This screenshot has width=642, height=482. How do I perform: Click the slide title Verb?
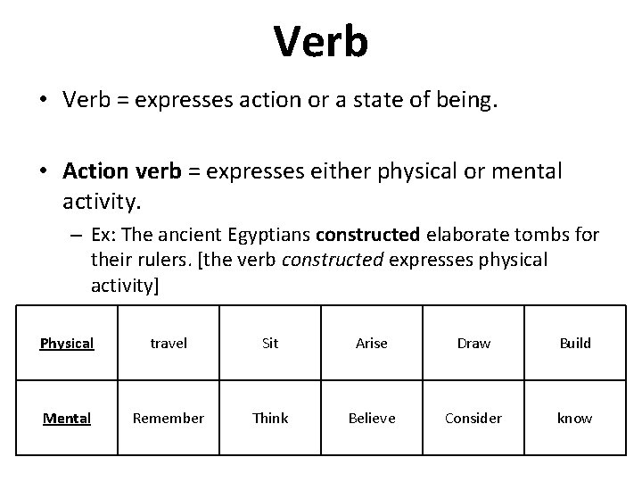coord(320,41)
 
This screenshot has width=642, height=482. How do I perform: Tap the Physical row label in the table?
coord(67,344)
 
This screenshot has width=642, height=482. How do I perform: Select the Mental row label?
coord(67,418)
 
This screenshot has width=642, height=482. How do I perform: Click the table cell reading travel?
coord(169,344)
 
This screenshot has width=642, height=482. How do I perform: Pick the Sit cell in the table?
coord(270,344)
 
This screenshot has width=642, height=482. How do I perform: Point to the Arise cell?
coord(371,344)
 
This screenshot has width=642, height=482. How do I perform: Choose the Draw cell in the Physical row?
coord(473,344)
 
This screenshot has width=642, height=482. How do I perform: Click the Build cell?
coord(574,344)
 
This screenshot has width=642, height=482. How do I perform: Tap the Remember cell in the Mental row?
coord(169,418)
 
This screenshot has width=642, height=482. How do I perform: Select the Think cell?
coord(270,418)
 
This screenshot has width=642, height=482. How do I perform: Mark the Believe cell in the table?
coord(371,418)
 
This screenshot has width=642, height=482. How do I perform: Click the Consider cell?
coord(473,418)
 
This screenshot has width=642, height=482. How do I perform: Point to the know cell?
coord(574,418)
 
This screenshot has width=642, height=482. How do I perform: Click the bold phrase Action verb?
coord(121,170)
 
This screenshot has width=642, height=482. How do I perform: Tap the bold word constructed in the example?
coord(367,236)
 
